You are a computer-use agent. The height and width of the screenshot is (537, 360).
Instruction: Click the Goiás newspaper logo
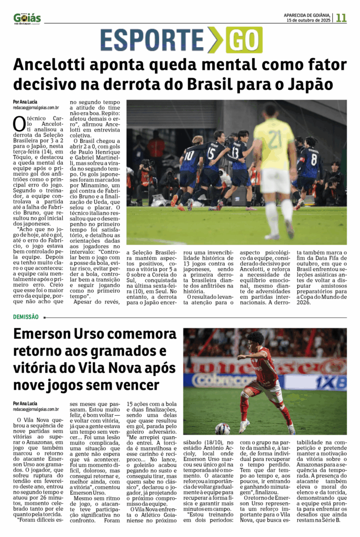[x=27, y=18]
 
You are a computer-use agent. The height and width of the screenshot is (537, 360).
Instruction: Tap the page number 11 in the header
[x=341, y=17]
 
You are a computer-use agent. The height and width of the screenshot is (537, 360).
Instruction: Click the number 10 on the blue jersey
[x=189, y=155]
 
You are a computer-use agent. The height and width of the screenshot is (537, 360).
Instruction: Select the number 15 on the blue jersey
[x=211, y=154]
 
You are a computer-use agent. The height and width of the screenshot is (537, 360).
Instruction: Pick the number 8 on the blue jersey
[x=313, y=159]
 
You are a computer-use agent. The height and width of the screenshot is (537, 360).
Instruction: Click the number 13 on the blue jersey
[x=236, y=152]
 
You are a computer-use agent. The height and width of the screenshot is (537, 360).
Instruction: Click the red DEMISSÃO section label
[x=26, y=317]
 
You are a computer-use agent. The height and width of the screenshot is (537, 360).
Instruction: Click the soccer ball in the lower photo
[x=222, y=428]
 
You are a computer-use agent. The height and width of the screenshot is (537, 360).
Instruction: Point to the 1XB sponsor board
[x=329, y=382]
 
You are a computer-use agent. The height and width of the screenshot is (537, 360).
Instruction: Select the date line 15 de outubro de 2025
[x=308, y=20]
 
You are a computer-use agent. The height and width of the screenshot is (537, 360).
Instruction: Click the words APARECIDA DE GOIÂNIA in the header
[x=307, y=14]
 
